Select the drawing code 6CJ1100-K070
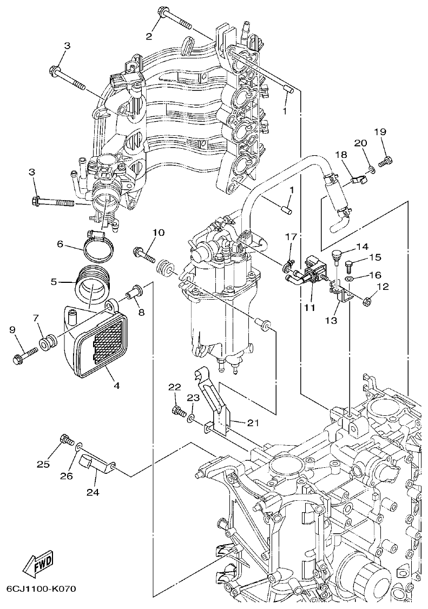[x=41, y=588]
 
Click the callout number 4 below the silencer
[x=116, y=386]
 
